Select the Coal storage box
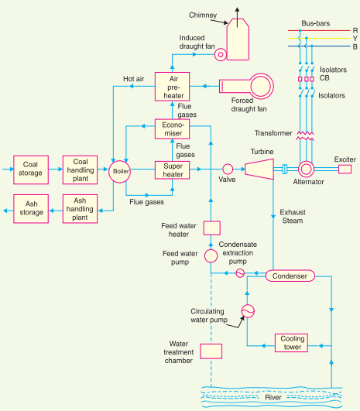[31, 169]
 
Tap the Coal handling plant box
[80, 169]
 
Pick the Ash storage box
[31, 209]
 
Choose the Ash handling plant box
[80, 209]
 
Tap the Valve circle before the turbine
[228, 169]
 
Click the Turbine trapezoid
[260, 169]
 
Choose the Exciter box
[345, 169]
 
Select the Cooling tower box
[293, 343]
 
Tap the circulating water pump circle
[247, 310]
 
